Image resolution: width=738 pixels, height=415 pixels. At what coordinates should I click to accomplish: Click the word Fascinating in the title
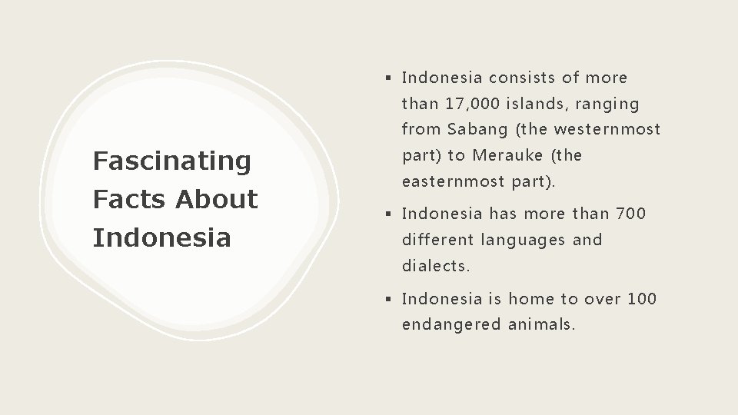(171, 161)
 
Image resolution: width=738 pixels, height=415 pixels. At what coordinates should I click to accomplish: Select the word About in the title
(217, 200)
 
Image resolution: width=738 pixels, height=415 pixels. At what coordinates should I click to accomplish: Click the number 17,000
(465, 103)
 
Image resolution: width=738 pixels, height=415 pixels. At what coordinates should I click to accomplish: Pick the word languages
(522, 240)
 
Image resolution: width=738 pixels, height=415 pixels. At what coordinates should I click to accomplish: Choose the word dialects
(436, 266)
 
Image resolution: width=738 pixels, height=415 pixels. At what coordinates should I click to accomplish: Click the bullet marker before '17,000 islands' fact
(391, 78)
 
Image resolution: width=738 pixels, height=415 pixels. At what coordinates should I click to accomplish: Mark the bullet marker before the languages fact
(391, 213)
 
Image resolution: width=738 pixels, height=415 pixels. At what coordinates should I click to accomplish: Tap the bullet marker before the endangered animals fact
(391, 298)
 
